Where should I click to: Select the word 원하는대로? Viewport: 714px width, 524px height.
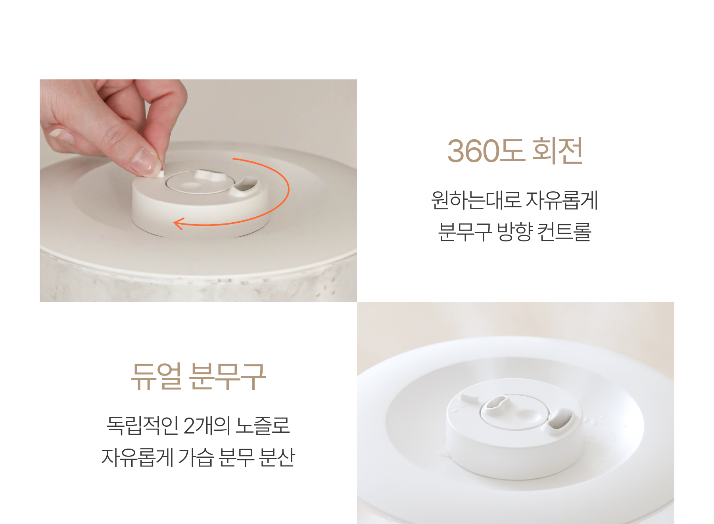[476, 200]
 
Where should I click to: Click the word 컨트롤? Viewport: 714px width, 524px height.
[564, 231]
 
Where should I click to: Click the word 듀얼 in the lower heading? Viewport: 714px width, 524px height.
[156, 376]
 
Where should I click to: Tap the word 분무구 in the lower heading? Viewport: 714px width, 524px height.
[228, 376]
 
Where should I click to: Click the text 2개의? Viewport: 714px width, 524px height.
[207, 425]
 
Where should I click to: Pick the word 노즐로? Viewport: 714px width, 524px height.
[263, 425]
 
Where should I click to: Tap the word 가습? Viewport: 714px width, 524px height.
[196, 457]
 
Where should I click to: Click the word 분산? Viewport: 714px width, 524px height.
[276, 457]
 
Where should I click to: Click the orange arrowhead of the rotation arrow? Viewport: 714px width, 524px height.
[178, 223]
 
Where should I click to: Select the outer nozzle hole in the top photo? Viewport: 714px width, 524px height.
[246, 185]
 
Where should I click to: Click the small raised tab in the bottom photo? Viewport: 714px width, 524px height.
[469, 397]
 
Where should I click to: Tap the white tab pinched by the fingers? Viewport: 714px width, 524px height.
[161, 173]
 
